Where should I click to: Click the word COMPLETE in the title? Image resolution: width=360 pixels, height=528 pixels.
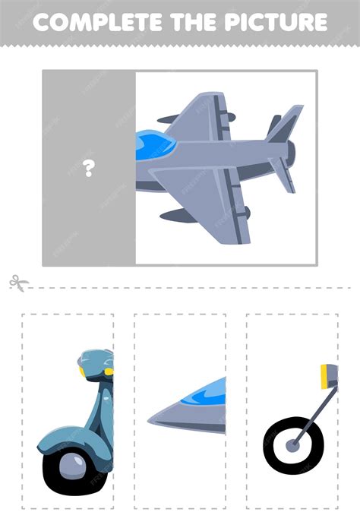(x=98, y=22)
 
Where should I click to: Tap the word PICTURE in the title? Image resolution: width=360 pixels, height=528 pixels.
(x=276, y=22)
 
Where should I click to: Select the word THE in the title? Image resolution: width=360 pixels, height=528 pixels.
(x=194, y=22)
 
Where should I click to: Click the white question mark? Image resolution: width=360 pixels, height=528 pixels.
(x=89, y=169)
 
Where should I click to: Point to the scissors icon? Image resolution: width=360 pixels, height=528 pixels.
(x=19, y=283)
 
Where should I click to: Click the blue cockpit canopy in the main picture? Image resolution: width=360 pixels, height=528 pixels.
(x=155, y=145)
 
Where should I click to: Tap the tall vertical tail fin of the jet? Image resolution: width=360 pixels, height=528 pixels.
(x=286, y=124)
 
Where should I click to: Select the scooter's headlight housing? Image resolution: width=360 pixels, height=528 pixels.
(x=96, y=365)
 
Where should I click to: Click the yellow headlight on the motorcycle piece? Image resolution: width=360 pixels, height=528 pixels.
(x=324, y=377)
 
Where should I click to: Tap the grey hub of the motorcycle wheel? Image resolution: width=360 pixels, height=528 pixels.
(x=292, y=446)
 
